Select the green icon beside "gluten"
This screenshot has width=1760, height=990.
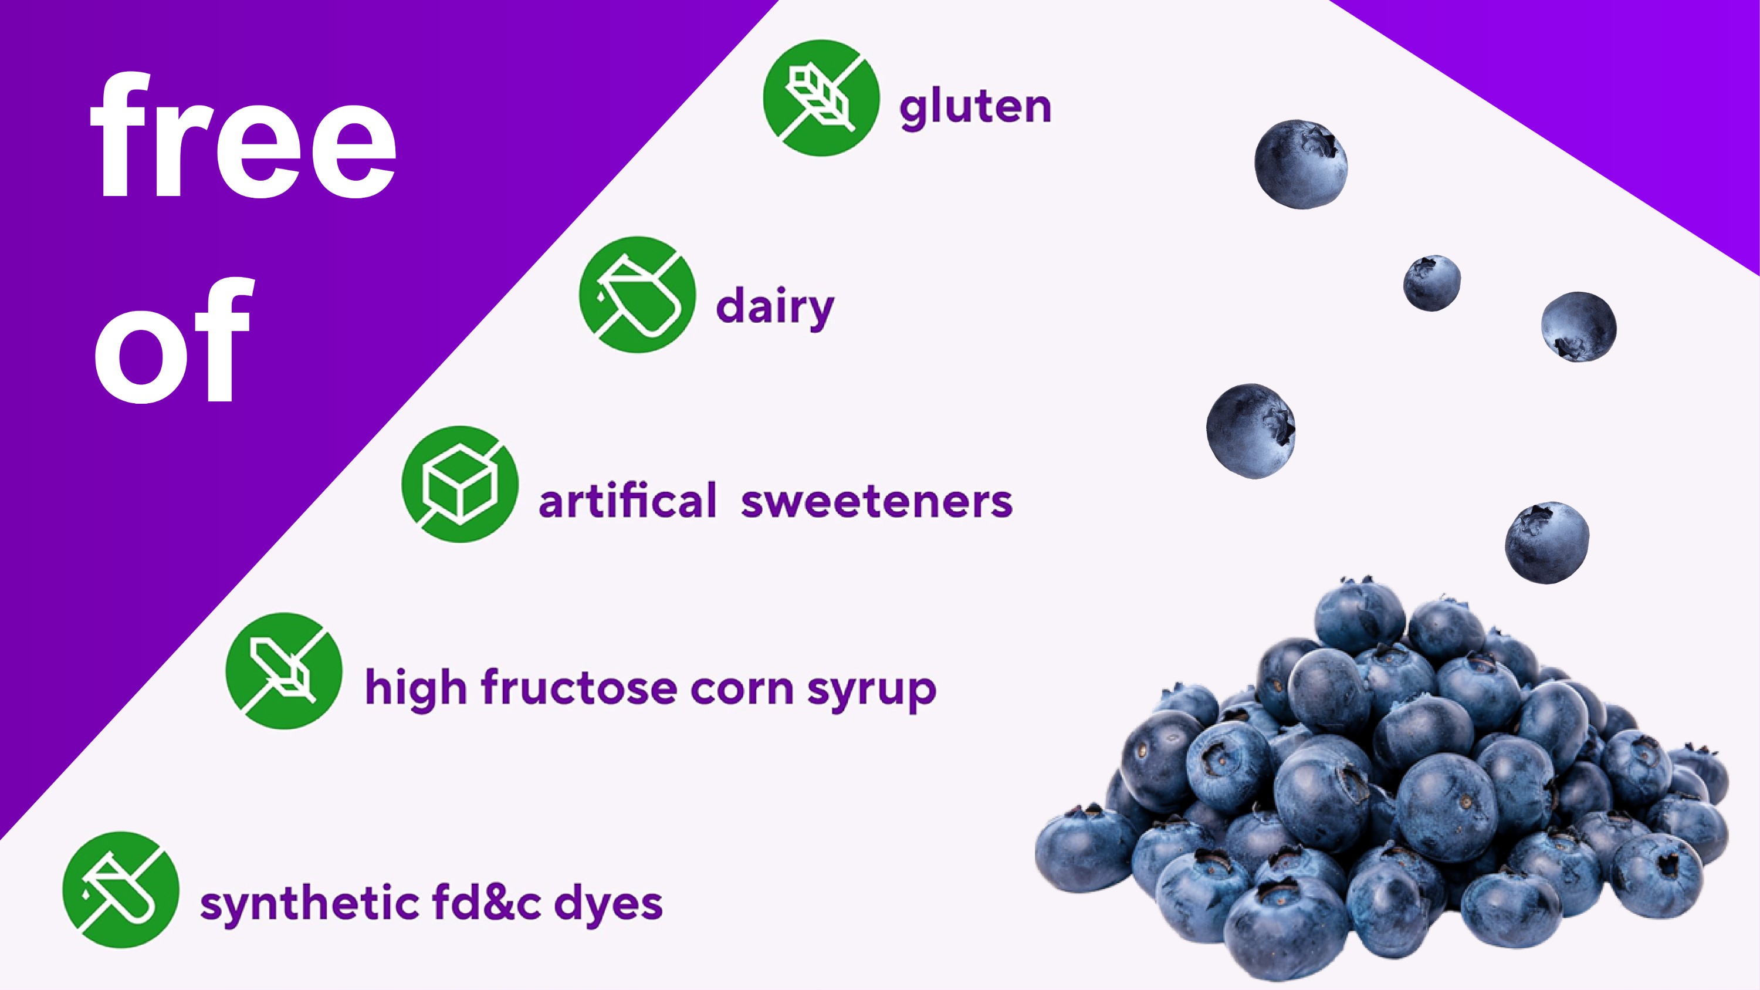click(x=821, y=97)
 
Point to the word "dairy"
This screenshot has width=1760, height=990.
click(x=776, y=308)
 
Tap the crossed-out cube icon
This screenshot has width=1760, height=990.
click(x=460, y=484)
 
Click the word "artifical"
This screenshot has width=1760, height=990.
click(x=627, y=500)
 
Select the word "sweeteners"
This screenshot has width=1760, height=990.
click(x=876, y=502)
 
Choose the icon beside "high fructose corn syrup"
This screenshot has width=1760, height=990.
click(x=284, y=671)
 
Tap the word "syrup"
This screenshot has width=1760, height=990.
click(x=872, y=691)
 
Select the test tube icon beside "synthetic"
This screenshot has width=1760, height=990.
click(x=121, y=890)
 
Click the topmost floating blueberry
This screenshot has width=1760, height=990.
click(x=1301, y=164)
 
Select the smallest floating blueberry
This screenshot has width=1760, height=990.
click(x=1432, y=283)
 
